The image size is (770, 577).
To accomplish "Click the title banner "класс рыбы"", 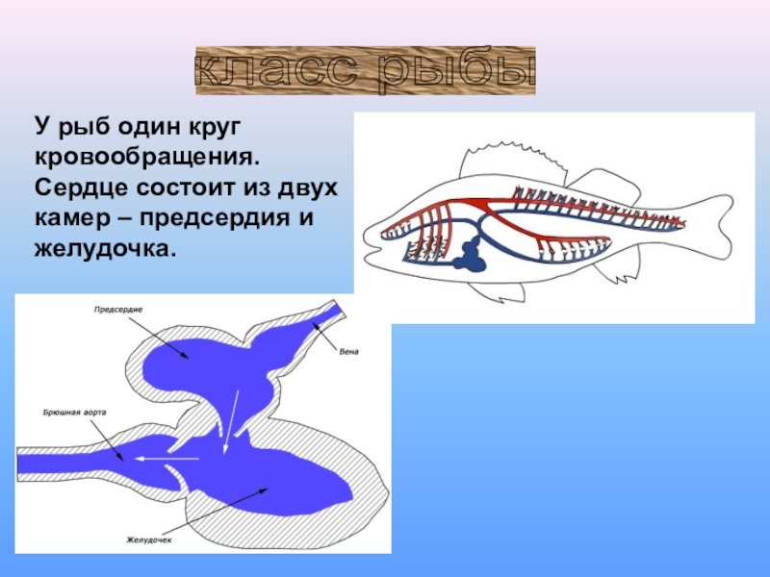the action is (365, 71).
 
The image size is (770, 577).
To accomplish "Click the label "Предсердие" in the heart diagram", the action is (119, 310).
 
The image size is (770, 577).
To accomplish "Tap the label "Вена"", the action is (348, 351).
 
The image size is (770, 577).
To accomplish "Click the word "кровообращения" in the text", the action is (147, 155).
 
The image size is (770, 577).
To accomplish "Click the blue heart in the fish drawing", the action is (475, 254).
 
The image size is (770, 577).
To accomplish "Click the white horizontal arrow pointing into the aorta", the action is (166, 459).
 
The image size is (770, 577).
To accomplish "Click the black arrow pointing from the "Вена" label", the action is (323, 338).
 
